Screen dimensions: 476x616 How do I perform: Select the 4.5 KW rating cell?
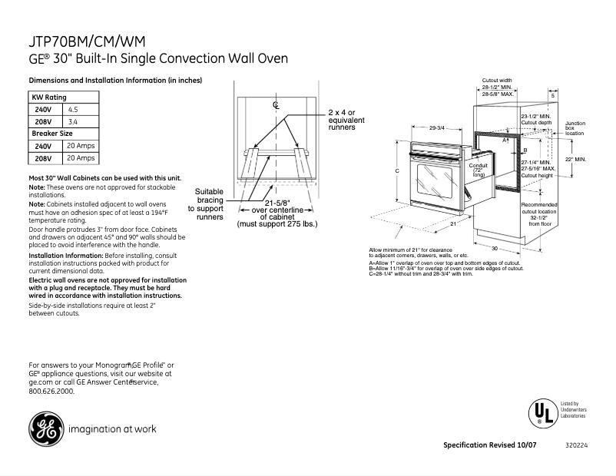[74, 110]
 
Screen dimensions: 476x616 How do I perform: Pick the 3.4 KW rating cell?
[74, 122]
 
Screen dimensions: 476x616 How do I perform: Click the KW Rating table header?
[48, 98]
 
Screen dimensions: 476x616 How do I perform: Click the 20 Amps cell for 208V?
[81, 158]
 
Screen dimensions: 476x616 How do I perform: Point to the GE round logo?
[45, 428]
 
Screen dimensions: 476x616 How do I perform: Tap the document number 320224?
[575, 446]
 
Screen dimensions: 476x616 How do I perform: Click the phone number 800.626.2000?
[51, 391]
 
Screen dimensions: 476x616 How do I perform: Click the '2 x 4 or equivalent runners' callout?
[346, 120]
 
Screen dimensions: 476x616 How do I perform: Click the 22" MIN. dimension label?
[575, 159]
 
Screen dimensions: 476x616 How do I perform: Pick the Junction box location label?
[575, 128]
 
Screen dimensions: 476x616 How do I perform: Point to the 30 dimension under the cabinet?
[495, 249]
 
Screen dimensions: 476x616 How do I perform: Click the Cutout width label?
[497, 80]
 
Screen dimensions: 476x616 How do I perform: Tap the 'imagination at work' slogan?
[112, 429]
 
